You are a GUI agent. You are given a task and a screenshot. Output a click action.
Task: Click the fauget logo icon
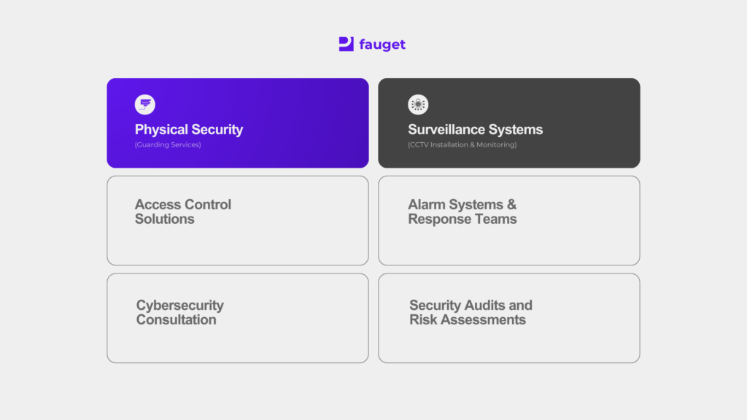click(x=347, y=44)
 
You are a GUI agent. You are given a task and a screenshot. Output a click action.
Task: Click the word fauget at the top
click(x=382, y=44)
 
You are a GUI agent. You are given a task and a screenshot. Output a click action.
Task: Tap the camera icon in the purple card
click(x=145, y=104)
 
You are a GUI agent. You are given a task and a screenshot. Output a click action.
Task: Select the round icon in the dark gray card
click(x=418, y=104)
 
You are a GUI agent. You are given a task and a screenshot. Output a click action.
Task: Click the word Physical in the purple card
click(x=161, y=130)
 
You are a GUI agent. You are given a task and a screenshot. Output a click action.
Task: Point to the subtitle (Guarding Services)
click(x=168, y=145)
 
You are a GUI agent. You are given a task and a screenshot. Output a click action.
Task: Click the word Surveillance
click(x=446, y=130)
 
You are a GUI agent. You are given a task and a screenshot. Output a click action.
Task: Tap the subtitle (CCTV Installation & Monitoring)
click(x=462, y=145)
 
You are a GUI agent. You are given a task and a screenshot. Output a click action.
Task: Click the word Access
click(x=156, y=204)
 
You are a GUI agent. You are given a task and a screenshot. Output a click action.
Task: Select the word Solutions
click(x=164, y=219)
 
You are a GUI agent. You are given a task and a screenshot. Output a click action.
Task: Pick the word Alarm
click(x=426, y=204)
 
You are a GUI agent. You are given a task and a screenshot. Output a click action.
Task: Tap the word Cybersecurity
click(x=180, y=306)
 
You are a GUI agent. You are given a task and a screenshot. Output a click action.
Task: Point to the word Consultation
click(x=177, y=319)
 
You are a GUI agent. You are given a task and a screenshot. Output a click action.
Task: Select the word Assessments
click(x=483, y=319)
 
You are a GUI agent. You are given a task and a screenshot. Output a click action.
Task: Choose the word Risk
click(x=423, y=319)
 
